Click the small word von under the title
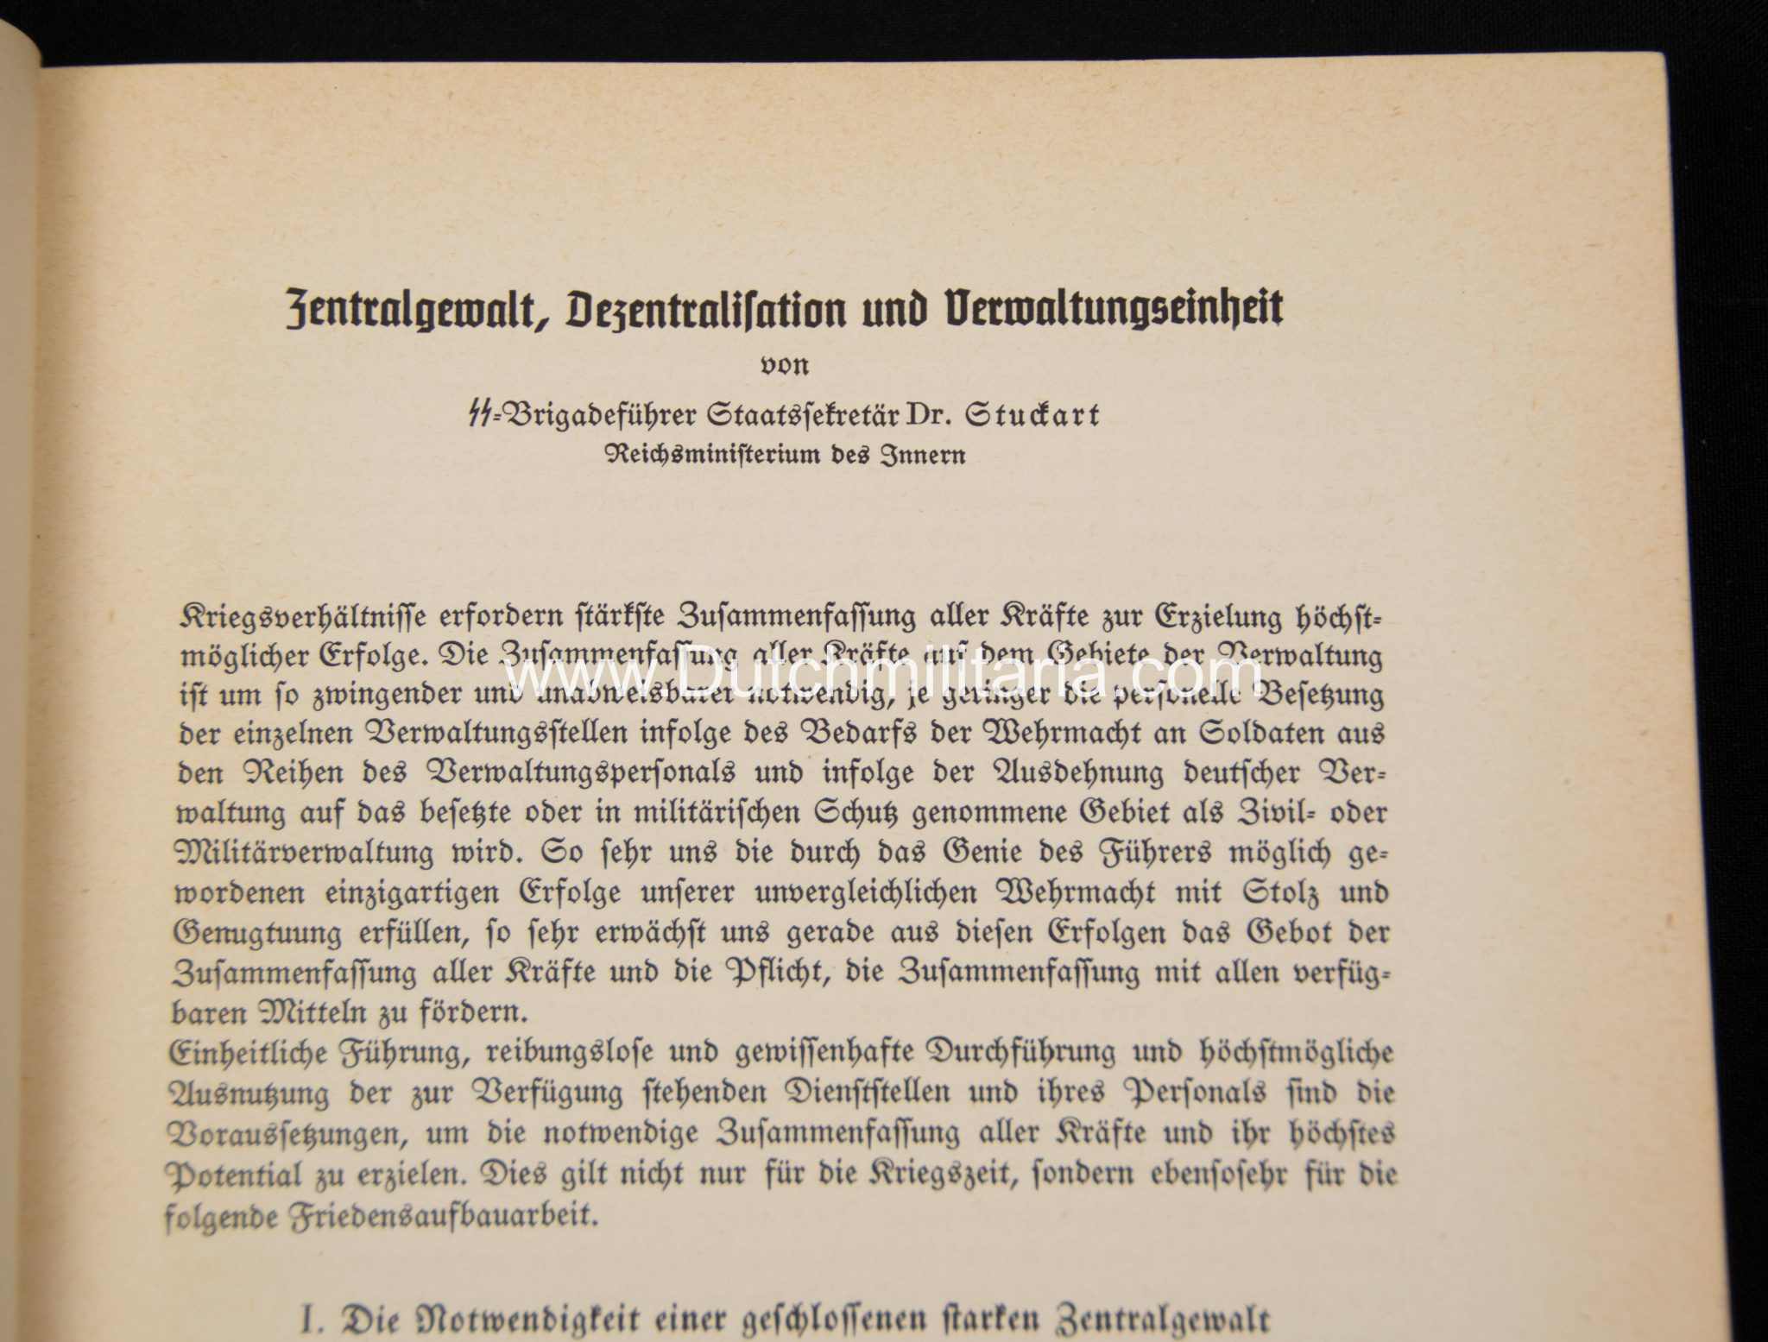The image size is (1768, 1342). (x=784, y=365)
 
